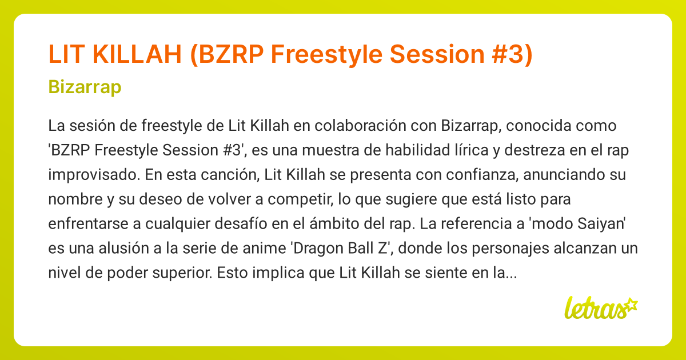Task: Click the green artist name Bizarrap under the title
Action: (85, 87)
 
